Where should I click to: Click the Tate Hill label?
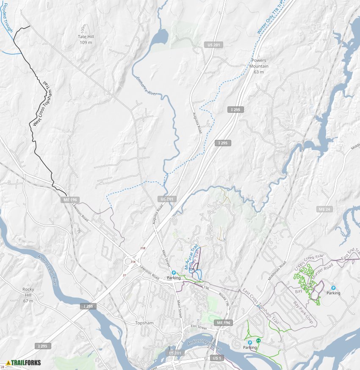tap(86, 37)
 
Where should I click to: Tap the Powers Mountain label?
tap(259, 61)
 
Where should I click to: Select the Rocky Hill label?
tap(28, 289)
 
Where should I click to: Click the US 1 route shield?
tap(216, 358)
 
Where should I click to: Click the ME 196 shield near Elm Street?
tap(224, 323)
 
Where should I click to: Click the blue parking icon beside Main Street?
tap(174, 273)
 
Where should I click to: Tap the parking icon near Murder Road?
tap(333, 288)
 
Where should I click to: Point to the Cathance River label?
tap(144, 87)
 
